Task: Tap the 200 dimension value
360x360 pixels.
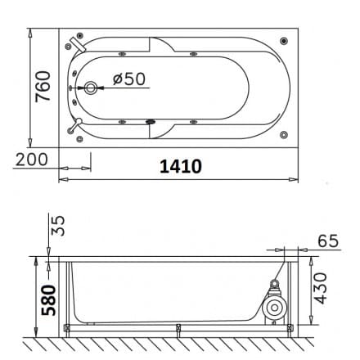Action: point(32,159)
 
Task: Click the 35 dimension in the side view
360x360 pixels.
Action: point(57,226)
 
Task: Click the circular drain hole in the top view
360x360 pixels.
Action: point(90,88)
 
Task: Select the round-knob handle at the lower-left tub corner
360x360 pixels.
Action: point(76,125)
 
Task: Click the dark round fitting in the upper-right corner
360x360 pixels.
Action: point(283,40)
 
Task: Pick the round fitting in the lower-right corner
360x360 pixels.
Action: point(283,133)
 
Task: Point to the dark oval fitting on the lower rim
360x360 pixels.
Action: point(150,124)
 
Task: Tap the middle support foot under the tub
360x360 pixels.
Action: point(178,329)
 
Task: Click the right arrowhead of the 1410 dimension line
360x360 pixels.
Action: point(299,178)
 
